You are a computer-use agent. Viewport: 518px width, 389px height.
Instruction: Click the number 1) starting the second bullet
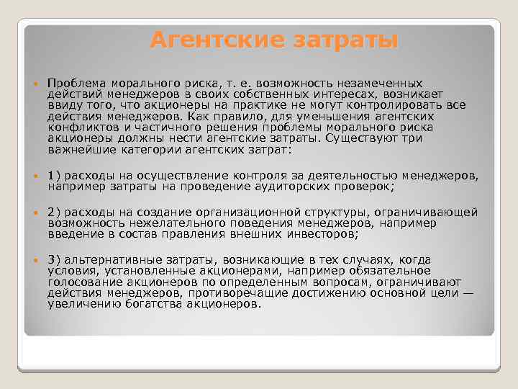point(55,175)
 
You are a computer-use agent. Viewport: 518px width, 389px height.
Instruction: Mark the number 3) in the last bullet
point(55,260)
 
